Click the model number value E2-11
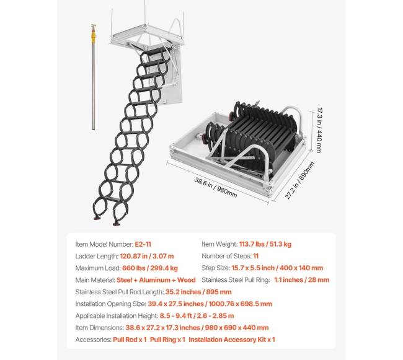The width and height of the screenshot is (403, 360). point(143,244)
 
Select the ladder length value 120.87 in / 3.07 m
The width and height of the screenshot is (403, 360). point(147,257)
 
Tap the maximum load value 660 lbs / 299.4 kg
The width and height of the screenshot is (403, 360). point(150,268)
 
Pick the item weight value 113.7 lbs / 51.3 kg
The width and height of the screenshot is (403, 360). point(265,244)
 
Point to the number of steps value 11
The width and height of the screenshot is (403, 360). point(255,256)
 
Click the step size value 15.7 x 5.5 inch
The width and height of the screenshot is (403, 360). point(253,268)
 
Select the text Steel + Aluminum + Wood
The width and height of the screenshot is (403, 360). point(156,280)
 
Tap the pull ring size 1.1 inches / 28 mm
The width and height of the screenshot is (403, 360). point(301,280)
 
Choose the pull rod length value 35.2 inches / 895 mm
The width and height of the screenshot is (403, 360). point(198,292)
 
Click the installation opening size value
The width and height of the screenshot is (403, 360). point(210,304)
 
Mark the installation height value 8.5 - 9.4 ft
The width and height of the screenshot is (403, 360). point(176,316)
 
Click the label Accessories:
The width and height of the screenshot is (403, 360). point(93,340)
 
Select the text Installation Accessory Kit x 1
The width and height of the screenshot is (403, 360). point(232,340)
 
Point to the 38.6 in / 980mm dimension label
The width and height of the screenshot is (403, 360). point(216,188)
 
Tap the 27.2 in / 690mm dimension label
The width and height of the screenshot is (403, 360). point(299,180)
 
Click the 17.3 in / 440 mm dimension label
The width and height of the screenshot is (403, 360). point(319,130)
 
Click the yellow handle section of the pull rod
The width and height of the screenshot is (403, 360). point(93,37)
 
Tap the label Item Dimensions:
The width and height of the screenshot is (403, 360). point(100,328)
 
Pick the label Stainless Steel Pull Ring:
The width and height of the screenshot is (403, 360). point(236,280)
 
